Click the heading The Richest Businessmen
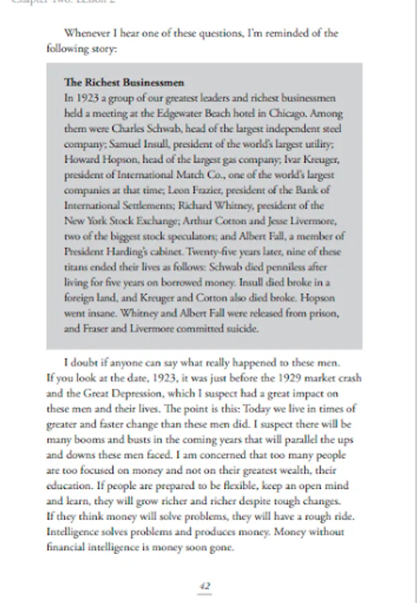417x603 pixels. click(x=124, y=83)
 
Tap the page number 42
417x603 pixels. click(x=206, y=586)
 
